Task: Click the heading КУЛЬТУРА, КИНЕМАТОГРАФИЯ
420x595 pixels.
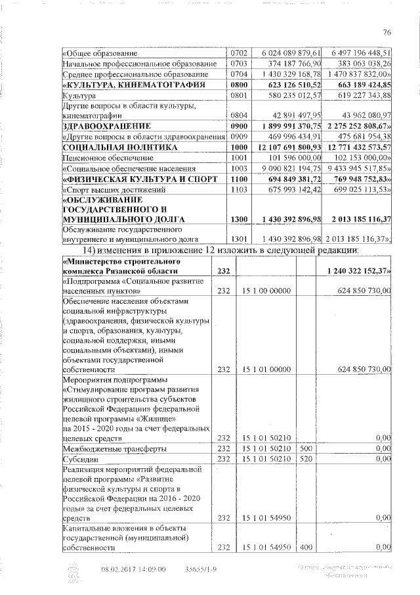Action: click(133, 85)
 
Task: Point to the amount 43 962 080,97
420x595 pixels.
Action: click(364, 116)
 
